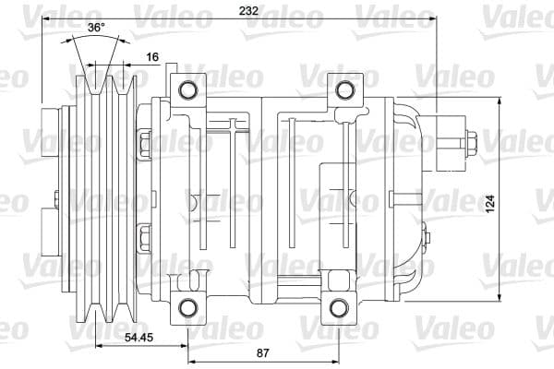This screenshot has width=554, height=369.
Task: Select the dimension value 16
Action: pyautogui.click(x=153, y=57)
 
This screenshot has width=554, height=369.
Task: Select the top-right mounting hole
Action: pyautogui.click(x=345, y=89)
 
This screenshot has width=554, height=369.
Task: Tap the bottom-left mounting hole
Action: pyautogui.click(x=187, y=307)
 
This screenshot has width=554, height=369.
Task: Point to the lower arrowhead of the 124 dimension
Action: pyautogui.click(x=500, y=302)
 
